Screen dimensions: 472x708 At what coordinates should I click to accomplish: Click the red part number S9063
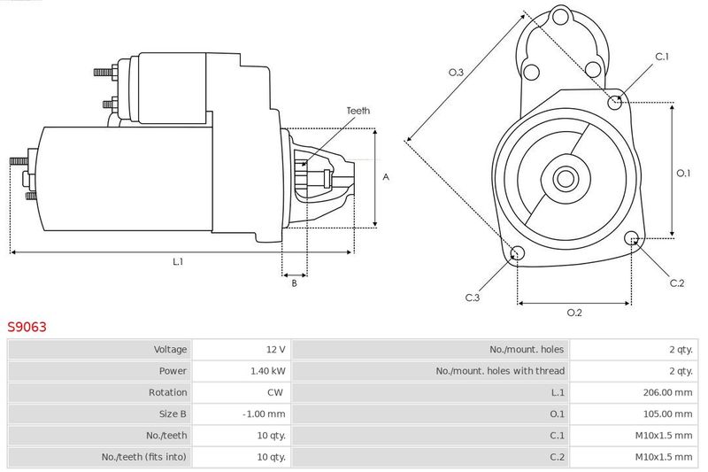tap(27, 327)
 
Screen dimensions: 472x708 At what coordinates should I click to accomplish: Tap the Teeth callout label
tap(358, 111)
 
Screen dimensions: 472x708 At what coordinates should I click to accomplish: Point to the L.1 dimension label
tap(178, 261)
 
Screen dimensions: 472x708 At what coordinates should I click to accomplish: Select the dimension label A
tap(386, 177)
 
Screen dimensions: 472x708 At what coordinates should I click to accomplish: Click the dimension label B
tap(294, 283)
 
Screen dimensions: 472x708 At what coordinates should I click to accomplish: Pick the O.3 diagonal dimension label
tap(456, 73)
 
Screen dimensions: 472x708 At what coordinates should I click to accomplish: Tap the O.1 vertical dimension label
tap(683, 174)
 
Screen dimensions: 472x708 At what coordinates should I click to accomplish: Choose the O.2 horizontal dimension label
tap(574, 312)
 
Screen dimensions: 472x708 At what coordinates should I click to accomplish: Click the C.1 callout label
tap(661, 57)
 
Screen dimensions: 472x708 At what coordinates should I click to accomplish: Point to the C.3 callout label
tap(473, 298)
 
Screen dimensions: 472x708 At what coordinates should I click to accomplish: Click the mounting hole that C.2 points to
tap(632, 238)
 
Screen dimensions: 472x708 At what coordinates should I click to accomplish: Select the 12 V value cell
tap(275, 350)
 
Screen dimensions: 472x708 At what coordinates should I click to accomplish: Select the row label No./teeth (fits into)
tap(144, 457)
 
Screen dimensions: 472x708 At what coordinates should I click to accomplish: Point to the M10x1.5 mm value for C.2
tap(662, 457)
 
